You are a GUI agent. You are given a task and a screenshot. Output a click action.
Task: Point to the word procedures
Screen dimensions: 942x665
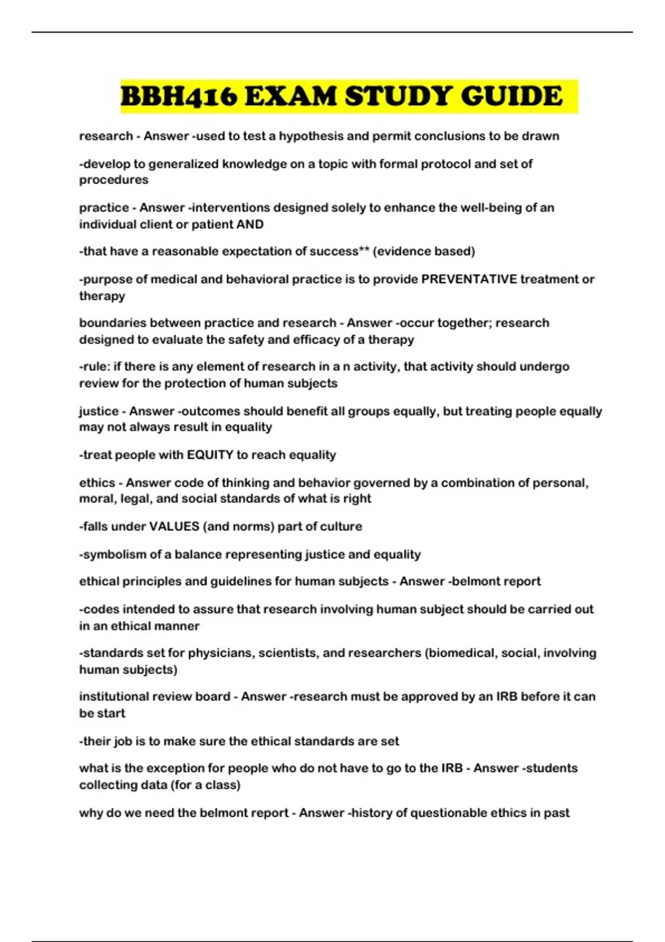pyautogui.click(x=114, y=180)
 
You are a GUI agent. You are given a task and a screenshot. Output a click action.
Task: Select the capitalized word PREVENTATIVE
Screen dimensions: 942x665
pyautogui.click(x=469, y=279)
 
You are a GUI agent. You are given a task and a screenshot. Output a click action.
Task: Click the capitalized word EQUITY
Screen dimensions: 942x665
pyautogui.click(x=210, y=455)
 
